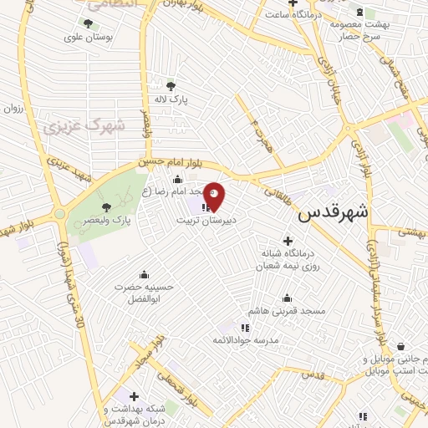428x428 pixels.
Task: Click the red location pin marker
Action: pyautogui.click(x=214, y=196)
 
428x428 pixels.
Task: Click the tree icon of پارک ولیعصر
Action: pyautogui.click(x=106, y=207)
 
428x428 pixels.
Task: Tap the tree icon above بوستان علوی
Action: pyautogui.click(x=88, y=23)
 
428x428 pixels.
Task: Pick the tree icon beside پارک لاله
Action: pyautogui.click(x=171, y=85)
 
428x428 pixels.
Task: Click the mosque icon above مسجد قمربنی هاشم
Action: pyautogui.click(x=288, y=298)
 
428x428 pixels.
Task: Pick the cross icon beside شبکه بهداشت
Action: pyautogui.click(x=135, y=395)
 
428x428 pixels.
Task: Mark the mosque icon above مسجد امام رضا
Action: pyautogui.click(x=176, y=179)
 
